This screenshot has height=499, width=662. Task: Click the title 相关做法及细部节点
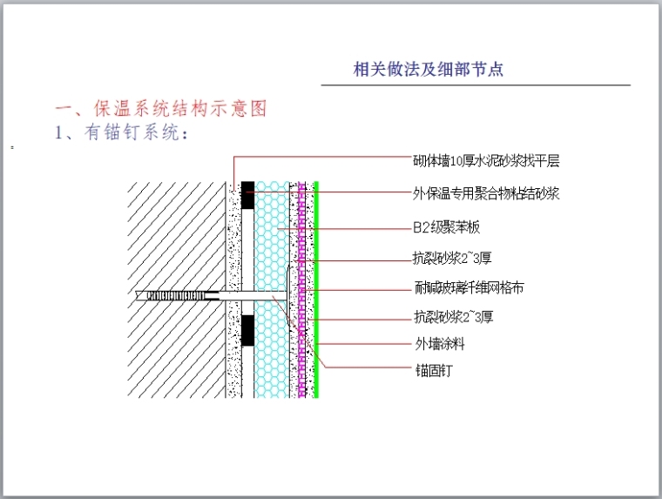tap(428, 70)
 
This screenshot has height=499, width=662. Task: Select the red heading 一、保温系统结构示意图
tap(160, 109)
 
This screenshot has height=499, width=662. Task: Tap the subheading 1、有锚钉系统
tap(121, 133)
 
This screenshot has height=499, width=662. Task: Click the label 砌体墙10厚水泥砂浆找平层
tap(485, 161)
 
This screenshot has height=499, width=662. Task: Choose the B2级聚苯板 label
tap(446, 227)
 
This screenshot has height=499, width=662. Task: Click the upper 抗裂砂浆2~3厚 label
tap(454, 258)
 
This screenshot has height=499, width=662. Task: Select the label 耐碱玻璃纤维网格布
tap(468, 287)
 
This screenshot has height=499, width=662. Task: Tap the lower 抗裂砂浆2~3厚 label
tap(454, 316)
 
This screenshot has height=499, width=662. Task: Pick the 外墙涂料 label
tap(440, 343)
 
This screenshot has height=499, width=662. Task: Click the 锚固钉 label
tap(433, 370)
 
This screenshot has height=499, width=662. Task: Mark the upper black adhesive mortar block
tap(248, 195)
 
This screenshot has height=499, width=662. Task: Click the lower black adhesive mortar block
tap(248, 329)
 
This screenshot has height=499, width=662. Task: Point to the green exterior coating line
tap(317, 261)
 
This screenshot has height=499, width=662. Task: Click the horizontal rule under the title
tap(476, 85)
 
